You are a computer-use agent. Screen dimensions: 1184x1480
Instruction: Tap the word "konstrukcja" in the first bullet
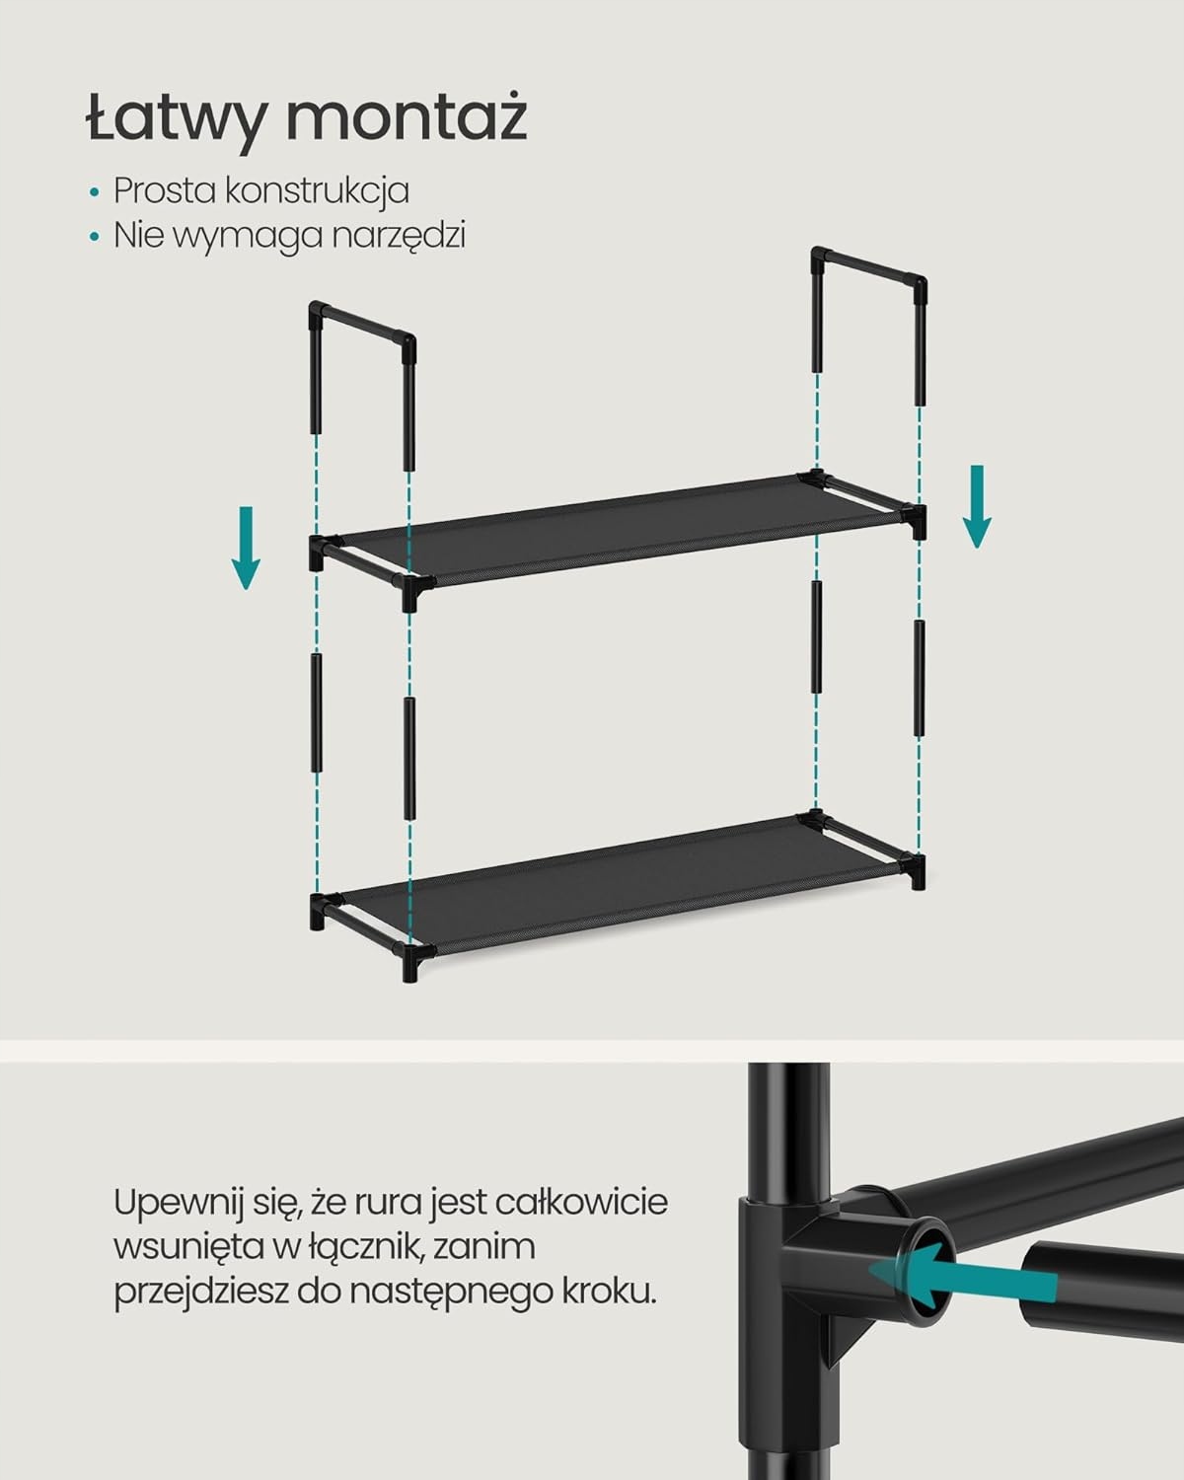317,190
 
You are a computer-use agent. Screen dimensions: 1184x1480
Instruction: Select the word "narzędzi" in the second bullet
399,236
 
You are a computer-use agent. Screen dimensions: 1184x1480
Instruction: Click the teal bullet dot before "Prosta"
95,191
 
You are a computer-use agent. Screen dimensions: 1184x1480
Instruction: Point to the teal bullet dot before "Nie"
95,237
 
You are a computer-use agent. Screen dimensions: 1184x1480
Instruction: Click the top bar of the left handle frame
362,323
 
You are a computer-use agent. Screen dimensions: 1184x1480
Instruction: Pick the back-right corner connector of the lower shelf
815,820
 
